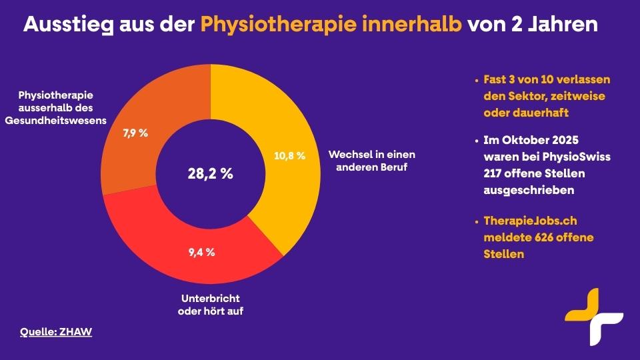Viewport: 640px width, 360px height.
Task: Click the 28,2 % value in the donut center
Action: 210,174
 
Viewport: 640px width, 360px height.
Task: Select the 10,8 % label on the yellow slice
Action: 289,155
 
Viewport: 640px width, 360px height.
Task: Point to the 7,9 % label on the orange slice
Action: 135,133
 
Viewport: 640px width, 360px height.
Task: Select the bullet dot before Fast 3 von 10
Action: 477,80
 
